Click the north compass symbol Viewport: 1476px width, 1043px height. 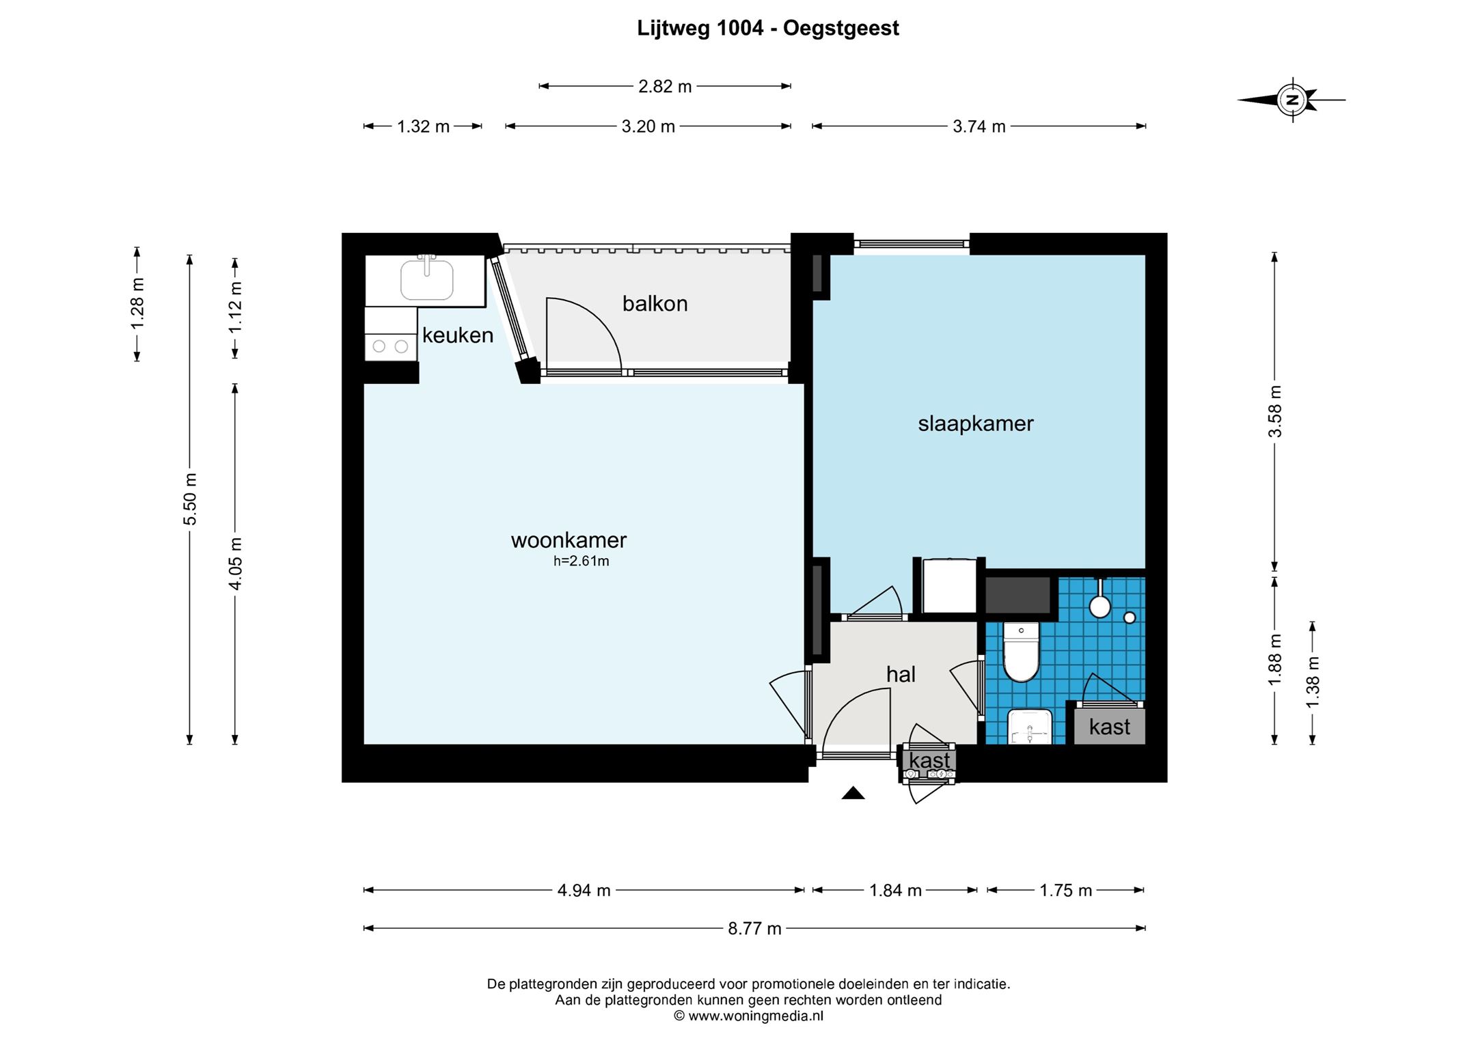click(1291, 100)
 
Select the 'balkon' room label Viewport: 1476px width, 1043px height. click(655, 304)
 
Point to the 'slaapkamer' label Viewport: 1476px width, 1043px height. click(975, 423)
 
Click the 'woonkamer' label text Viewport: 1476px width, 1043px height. click(569, 540)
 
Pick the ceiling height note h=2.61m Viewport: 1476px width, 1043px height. click(581, 561)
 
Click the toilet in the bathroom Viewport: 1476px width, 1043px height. click(1021, 652)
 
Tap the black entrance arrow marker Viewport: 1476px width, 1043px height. click(853, 793)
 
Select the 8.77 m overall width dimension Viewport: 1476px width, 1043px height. click(754, 928)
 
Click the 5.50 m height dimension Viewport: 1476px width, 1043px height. click(190, 499)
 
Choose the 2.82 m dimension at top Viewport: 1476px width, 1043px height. click(665, 86)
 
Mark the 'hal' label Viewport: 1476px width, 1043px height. click(901, 675)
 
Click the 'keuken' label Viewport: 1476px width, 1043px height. click(458, 335)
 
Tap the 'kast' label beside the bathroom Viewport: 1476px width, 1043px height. click(1110, 727)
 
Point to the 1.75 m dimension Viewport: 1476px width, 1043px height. click(1066, 890)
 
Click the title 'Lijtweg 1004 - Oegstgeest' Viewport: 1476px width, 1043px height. click(768, 28)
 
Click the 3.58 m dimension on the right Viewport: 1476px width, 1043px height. click(1274, 411)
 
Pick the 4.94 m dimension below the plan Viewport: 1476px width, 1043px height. click(584, 890)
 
